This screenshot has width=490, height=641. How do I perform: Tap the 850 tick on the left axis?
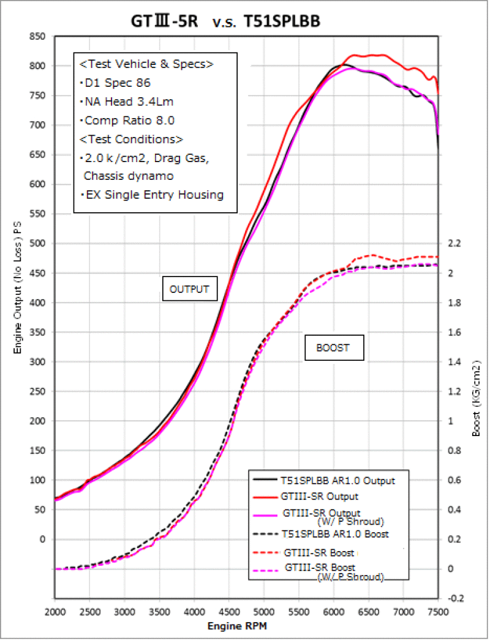point(37,37)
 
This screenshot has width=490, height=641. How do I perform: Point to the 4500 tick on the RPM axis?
point(229,612)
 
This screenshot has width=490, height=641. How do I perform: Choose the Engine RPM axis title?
point(237,626)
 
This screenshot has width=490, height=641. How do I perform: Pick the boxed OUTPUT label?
point(190,289)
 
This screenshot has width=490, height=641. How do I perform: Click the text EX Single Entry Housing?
point(154,195)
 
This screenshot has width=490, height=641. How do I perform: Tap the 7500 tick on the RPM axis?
point(438,612)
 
